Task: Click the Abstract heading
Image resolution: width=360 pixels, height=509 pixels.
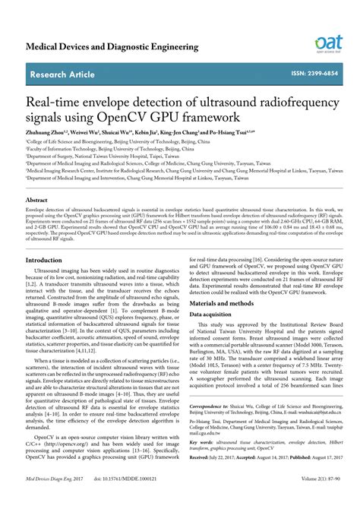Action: tap(39, 199)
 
